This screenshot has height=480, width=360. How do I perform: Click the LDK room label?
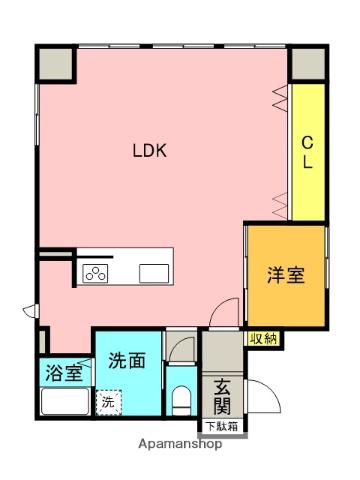[x=151, y=152]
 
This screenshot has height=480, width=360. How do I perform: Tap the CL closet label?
[x=309, y=153]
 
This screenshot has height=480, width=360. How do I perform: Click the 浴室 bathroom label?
[x=63, y=375]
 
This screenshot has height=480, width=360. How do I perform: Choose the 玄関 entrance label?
[x=222, y=397]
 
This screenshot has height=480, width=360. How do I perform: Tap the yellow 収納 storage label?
[x=265, y=339]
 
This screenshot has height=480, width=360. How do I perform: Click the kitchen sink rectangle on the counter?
[x=154, y=272]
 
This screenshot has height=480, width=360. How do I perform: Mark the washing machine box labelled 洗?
[x=107, y=402]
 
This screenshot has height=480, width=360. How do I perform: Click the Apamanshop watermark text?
[x=180, y=444]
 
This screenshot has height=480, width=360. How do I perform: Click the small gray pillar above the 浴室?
[x=44, y=342]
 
